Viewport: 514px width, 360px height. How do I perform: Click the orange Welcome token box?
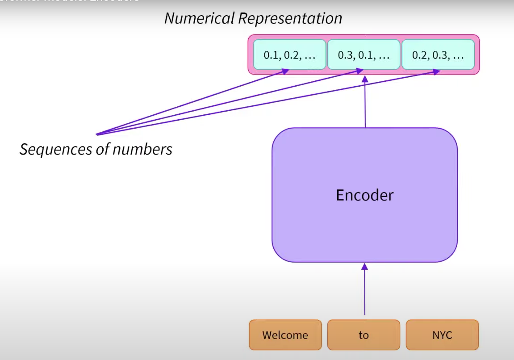pyautogui.click(x=285, y=335)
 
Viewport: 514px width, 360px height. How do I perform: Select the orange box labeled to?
pyautogui.click(x=364, y=335)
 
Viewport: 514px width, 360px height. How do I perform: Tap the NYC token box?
pyautogui.click(x=442, y=335)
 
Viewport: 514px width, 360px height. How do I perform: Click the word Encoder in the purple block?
pyautogui.click(x=364, y=195)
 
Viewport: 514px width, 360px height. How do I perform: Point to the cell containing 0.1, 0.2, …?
pyautogui.click(x=289, y=55)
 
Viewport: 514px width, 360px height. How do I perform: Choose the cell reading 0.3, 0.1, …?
pyautogui.click(x=364, y=55)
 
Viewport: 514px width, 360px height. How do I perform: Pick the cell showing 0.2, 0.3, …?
pyautogui.click(x=438, y=55)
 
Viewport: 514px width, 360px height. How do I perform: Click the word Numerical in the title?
pyautogui.click(x=199, y=18)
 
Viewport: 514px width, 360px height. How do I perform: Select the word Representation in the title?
pyautogui.click(x=290, y=18)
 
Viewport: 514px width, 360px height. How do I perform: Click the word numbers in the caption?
pyautogui.click(x=142, y=149)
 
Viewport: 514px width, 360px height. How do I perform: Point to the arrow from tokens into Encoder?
pyautogui.click(x=364, y=290)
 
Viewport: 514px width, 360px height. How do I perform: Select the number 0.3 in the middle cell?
pyautogui.click(x=345, y=55)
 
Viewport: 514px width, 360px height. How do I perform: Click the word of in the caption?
pyautogui.click(x=104, y=149)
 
